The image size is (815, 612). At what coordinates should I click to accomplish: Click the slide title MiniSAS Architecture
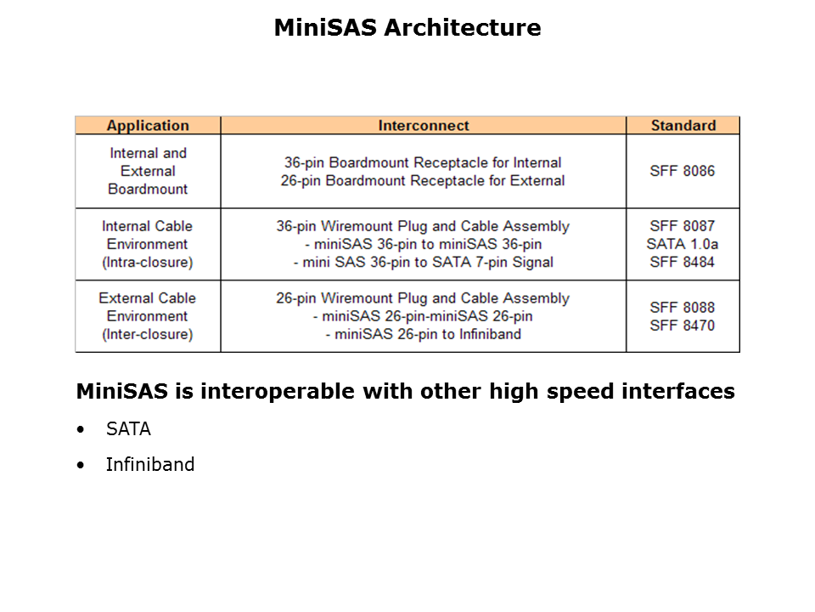coord(407,28)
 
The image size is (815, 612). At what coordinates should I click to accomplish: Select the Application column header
coord(148,126)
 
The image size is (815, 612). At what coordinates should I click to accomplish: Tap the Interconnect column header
coord(423,126)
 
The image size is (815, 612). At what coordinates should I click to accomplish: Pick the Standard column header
coord(683,126)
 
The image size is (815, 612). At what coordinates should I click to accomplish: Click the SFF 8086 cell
coord(683,171)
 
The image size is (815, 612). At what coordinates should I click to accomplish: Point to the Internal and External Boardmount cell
coord(148,171)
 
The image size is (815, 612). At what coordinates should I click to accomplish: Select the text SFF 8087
coord(683,226)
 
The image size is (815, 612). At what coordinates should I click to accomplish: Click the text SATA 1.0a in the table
coord(683,244)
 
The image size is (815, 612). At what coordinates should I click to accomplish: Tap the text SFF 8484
coord(683,262)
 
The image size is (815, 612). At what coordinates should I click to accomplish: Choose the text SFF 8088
coord(683,307)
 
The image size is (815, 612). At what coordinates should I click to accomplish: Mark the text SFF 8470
coord(683,326)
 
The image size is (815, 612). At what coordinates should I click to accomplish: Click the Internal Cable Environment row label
coord(148,244)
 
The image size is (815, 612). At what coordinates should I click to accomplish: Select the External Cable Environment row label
coord(148,316)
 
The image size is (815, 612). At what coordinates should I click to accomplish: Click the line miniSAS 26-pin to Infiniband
coord(423,334)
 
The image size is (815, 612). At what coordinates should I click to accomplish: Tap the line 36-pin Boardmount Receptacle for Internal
coord(423,162)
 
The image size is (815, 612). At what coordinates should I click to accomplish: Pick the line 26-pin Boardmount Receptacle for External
coord(423,180)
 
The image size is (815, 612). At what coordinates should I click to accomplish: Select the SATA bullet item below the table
coord(128,429)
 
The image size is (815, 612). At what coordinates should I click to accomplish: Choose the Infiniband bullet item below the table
coord(149,464)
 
